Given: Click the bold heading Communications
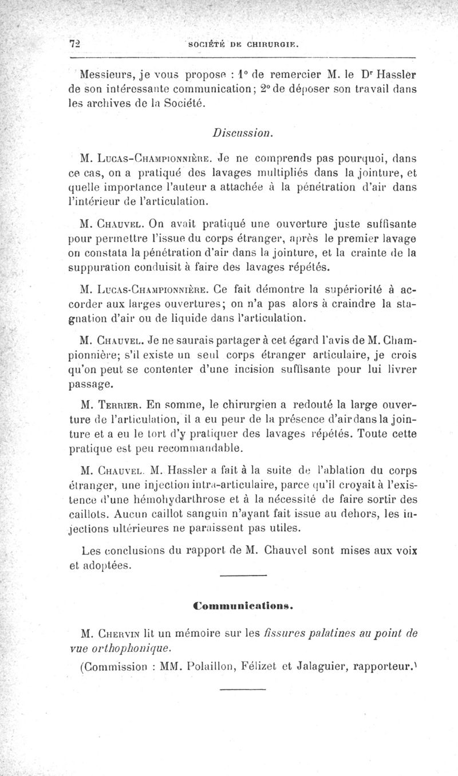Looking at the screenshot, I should tap(243, 604).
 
